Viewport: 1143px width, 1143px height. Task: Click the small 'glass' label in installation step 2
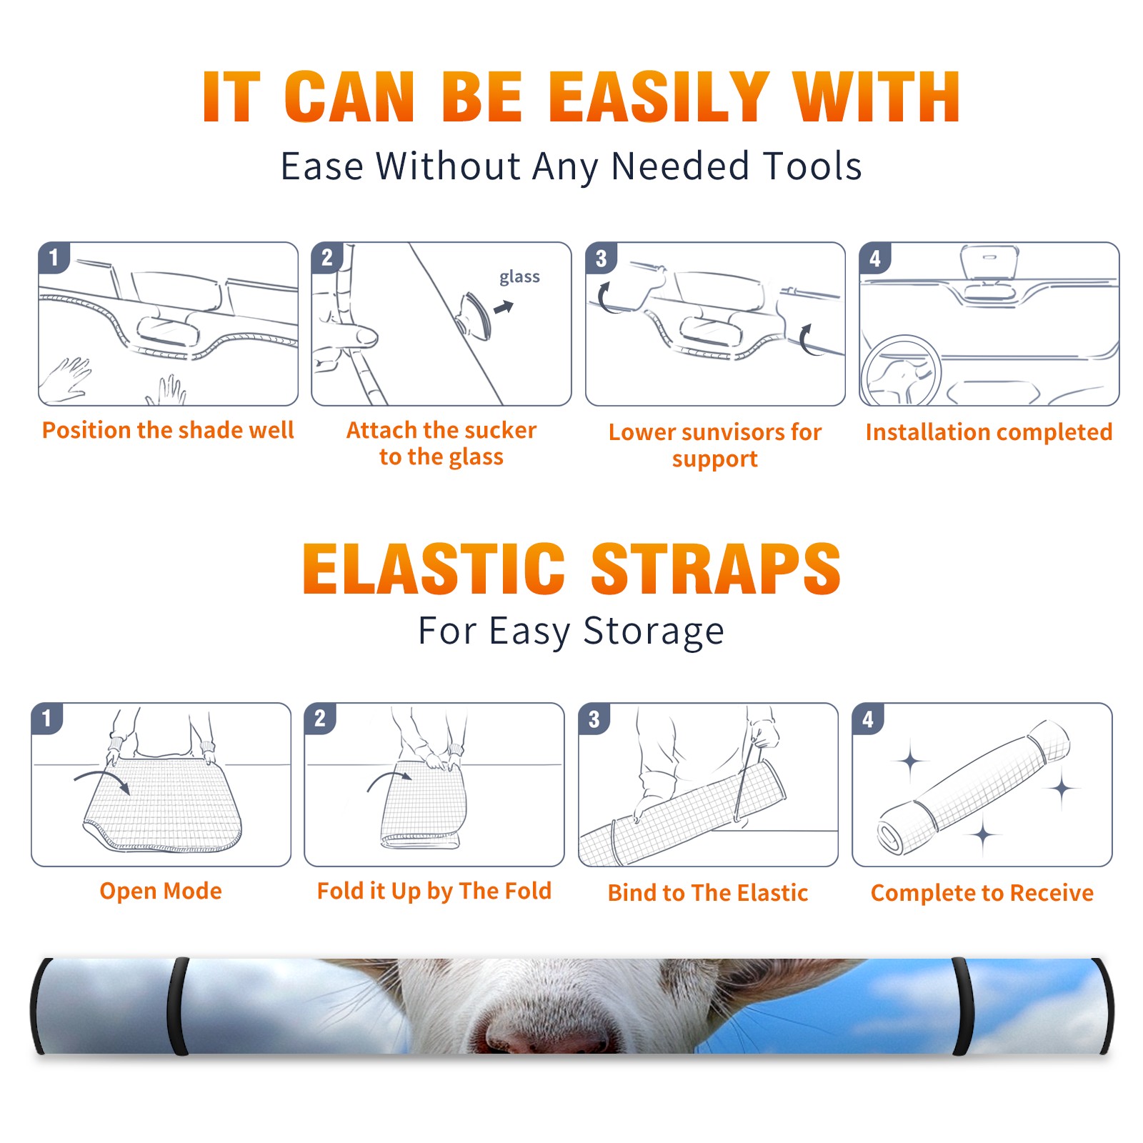[519, 277]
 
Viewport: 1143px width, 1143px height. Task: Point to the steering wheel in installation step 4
[899, 371]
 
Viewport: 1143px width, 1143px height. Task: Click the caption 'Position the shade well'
[168, 430]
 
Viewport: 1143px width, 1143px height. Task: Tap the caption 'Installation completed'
[989, 431]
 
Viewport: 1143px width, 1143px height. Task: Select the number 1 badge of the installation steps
[54, 258]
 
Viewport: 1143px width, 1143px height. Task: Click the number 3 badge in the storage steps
[594, 719]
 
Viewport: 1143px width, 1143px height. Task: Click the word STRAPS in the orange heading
[716, 569]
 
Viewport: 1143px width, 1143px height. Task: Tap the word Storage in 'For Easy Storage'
[654, 632]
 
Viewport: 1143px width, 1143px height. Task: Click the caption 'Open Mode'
[161, 891]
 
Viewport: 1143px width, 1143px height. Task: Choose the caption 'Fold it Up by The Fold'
[434, 891]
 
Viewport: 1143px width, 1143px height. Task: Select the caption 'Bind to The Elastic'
[707, 892]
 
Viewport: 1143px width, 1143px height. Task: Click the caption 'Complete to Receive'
[982, 893]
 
